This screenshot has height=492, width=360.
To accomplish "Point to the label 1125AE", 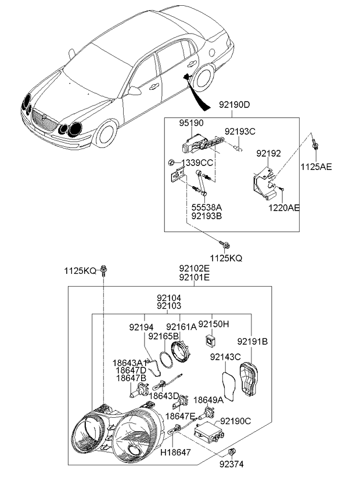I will click(x=316, y=167).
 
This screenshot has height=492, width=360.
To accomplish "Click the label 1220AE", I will click(x=284, y=207).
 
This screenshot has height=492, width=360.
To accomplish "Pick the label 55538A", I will click(x=207, y=207).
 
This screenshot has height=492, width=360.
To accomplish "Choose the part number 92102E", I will click(x=194, y=269).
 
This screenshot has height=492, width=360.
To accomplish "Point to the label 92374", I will click(x=232, y=464).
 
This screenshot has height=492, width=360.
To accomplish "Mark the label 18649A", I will click(x=208, y=400).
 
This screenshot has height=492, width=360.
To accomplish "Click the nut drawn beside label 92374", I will click(x=232, y=451).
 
